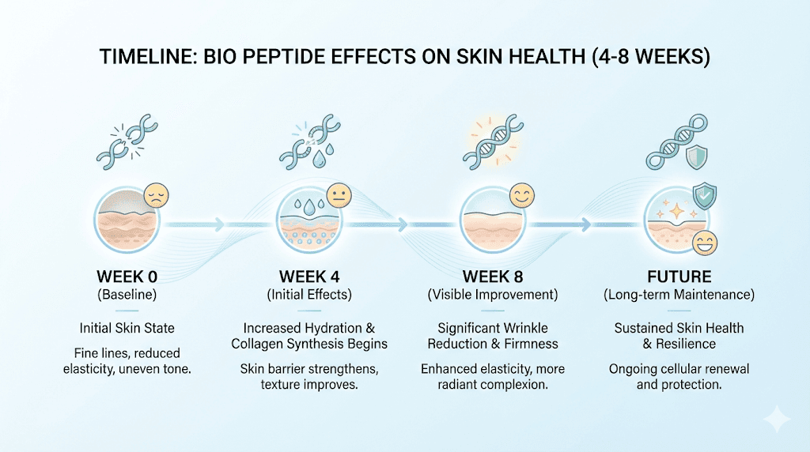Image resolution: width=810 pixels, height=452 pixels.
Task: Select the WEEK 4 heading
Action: [314, 277]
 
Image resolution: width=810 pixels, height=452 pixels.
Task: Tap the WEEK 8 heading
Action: [492, 277]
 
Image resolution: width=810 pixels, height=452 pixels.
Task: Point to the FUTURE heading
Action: [679, 277]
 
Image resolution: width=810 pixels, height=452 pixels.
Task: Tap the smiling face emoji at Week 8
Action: [520, 194]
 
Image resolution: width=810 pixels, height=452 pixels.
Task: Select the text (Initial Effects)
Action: [314, 296]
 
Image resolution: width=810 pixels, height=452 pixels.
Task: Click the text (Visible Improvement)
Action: [492, 296]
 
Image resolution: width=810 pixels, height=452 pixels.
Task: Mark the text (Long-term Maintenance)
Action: [679, 296]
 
